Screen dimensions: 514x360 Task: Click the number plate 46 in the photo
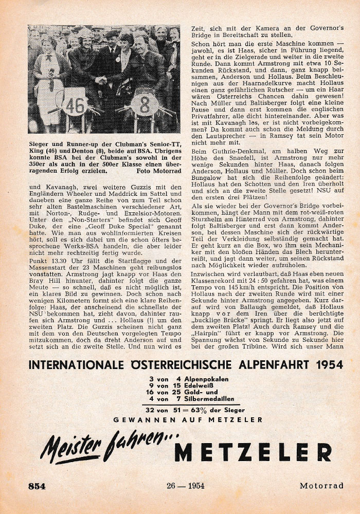pos(74,105)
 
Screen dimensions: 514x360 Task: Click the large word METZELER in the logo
pos(253,452)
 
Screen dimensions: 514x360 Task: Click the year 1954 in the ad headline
pos(315,365)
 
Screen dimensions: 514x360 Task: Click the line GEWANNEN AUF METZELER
pos(188,420)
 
